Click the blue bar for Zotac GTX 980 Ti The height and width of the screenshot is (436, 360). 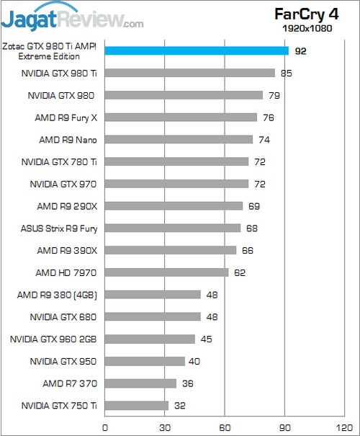point(197,51)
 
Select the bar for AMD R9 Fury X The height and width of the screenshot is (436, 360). point(181,117)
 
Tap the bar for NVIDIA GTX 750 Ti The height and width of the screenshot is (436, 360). point(137,406)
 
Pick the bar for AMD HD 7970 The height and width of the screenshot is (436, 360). point(166,272)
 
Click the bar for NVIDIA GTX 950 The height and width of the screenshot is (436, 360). point(145,361)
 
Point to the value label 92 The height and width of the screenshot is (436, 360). point(300,51)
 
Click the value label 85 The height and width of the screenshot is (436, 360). point(287,74)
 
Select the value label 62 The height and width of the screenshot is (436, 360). point(240,273)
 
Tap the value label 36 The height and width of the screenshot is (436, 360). point(187,383)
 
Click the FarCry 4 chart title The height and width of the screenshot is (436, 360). point(307,14)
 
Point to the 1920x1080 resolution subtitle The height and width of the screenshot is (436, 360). point(307,28)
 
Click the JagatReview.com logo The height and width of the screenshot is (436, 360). point(72,17)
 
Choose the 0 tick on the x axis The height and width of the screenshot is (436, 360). point(104,427)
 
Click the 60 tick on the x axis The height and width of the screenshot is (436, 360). point(225,427)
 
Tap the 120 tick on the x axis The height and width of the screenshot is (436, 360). point(344,427)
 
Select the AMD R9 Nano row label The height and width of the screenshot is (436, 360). point(68,140)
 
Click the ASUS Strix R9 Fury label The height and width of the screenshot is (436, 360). point(59,228)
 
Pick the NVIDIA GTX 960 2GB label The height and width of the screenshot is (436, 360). point(53,339)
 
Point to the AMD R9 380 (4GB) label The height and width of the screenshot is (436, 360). point(57,295)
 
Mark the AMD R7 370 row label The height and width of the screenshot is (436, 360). point(70,383)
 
